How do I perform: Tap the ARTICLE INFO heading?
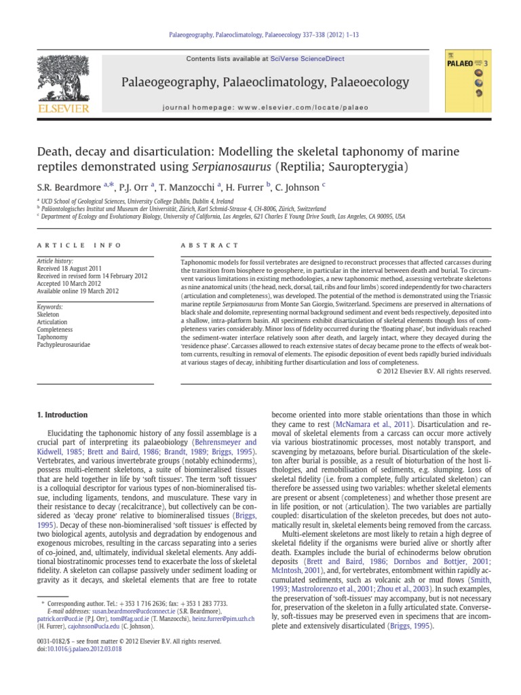click(79, 245)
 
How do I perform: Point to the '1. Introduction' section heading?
click(62, 415)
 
